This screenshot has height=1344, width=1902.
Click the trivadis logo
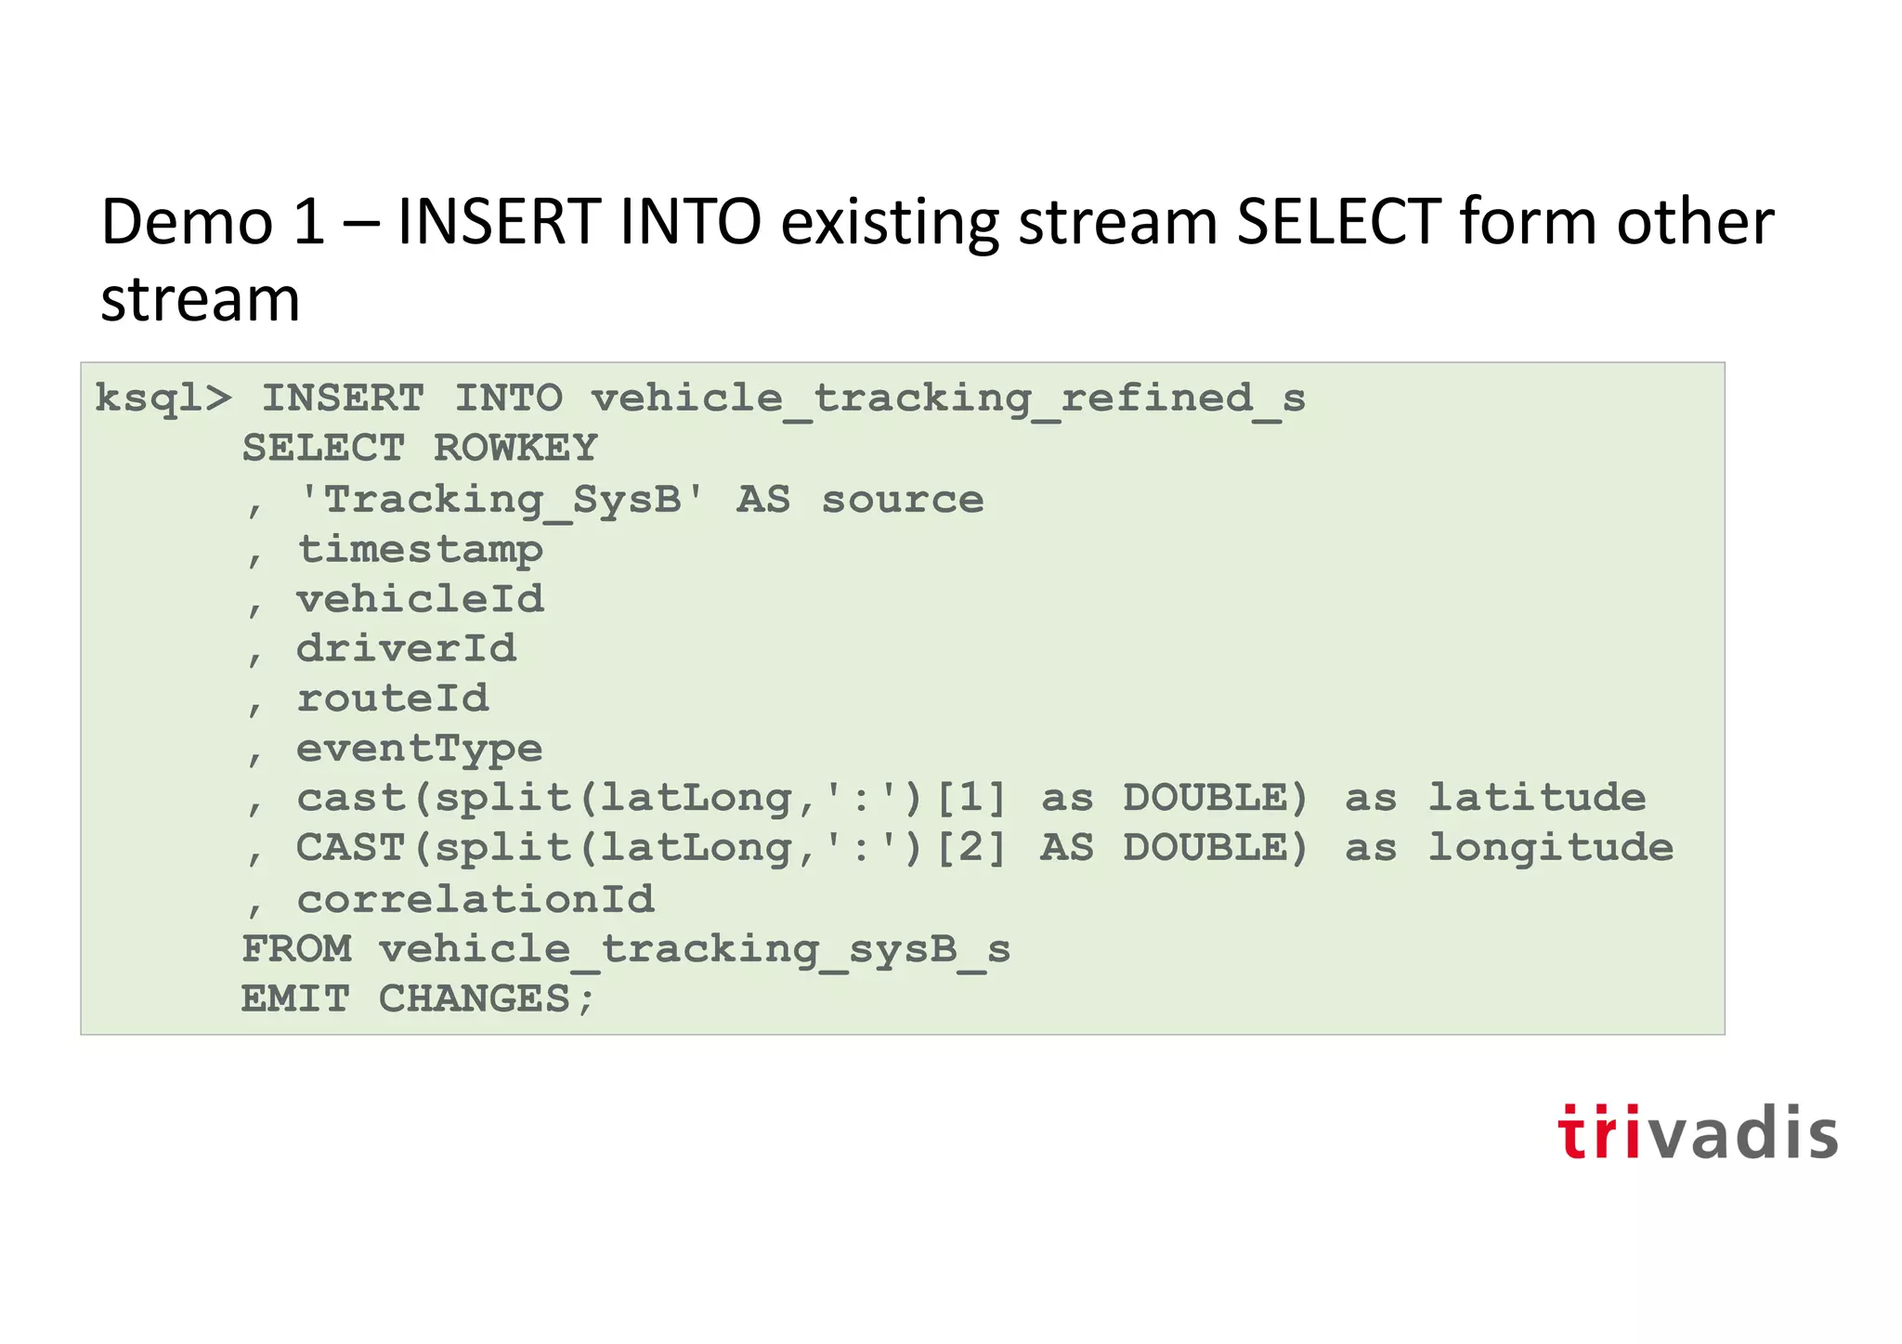pos(1697,1132)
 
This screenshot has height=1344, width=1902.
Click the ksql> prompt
pos(163,399)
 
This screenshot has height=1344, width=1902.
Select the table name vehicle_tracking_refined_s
pos(948,399)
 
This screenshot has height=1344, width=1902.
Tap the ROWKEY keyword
pos(515,449)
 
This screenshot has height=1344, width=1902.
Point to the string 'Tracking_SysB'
pos(502,500)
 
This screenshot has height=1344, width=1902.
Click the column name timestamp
pos(420,550)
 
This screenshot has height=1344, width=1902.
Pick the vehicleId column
pos(420,599)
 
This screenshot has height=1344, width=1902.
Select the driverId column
pos(406,648)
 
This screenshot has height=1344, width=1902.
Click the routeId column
pos(392,698)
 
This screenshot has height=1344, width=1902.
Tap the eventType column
pos(420,749)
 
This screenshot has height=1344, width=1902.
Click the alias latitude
pos(1537,798)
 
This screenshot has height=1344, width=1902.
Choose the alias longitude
pos(1551,848)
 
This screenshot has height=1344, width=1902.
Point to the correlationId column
pos(475,899)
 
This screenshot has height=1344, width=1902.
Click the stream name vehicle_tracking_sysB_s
pos(695,949)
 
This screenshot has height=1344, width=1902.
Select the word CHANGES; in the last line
pos(487,999)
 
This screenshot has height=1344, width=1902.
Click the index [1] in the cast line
pos(971,798)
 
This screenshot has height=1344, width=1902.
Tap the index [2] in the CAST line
pos(971,848)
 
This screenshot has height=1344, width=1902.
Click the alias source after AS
pos(903,500)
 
